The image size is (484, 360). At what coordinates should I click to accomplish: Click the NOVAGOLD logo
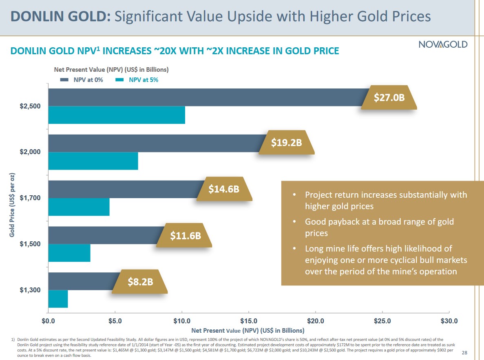point(443,44)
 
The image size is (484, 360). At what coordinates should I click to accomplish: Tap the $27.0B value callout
point(389,97)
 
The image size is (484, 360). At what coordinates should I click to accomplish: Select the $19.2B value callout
point(286,143)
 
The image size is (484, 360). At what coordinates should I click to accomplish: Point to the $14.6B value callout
point(224,189)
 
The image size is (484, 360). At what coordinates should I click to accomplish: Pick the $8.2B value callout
point(140,281)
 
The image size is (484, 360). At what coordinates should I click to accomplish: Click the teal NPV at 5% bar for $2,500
point(116,115)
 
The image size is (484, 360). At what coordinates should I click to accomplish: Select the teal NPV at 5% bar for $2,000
point(93,161)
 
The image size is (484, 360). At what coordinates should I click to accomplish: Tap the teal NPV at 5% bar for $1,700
point(79,207)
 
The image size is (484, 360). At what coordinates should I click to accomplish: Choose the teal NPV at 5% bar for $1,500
point(69,253)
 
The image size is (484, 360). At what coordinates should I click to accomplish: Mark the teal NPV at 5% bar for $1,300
point(58,299)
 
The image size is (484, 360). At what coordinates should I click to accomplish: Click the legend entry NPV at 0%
point(82,80)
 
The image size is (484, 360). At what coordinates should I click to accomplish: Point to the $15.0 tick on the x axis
point(248,321)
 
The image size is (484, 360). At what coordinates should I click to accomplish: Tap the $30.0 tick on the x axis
point(449,321)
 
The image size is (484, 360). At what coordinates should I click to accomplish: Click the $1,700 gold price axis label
point(30,198)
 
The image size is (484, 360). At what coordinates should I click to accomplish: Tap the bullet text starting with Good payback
point(379,227)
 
